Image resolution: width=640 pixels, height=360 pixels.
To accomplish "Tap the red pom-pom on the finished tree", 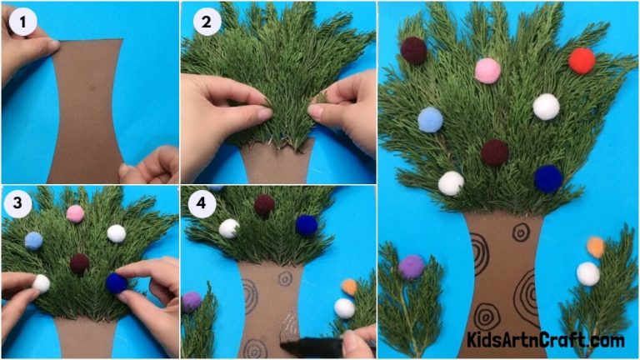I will point(582,60).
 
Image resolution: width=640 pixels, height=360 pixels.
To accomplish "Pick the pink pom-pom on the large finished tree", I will point(487,71).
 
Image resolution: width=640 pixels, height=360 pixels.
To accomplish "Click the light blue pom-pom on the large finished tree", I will point(430,120).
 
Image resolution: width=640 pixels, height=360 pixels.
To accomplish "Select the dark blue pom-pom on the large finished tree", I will point(547,178).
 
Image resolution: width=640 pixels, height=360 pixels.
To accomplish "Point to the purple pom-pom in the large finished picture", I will point(411,267).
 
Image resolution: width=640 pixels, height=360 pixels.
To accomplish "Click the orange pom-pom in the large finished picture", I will point(595,247).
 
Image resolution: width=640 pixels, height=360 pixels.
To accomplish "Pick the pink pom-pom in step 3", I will point(76,214).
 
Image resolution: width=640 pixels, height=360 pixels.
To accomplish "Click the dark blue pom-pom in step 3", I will point(117,284).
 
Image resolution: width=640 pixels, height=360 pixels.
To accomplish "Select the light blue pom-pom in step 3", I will point(33,241).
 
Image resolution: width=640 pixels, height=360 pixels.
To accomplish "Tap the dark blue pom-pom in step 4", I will point(307,225).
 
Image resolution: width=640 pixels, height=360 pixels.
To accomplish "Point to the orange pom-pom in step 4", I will point(349,287).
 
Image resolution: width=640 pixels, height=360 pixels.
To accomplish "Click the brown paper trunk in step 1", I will point(85,108).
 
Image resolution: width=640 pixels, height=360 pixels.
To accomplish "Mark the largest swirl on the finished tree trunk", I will point(527,296).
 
